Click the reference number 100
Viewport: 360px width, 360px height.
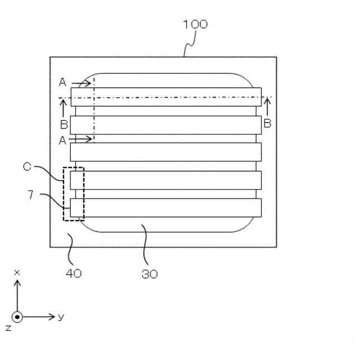[x=195, y=24]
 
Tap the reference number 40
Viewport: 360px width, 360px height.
[x=74, y=273]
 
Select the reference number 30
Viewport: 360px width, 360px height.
[x=150, y=274]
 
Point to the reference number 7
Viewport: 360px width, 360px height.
[x=31, y=195]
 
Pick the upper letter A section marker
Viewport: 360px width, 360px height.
[x=62, y=83]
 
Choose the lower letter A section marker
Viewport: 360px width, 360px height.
[x=62, y=141]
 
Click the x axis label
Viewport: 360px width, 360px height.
[x=17, y=272]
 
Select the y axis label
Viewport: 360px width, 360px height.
[x=61, y=317]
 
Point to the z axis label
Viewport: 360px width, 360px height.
[x=7, y=327]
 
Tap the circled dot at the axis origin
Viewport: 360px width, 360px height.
[x=17, y=317]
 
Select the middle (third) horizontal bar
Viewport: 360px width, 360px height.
[x=166, y=152]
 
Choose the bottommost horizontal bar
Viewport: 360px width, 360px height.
[x=166, y=208]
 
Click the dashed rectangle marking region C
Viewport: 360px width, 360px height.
[x=74, y=193]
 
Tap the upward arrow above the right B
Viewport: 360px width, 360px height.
[x=267, y=105]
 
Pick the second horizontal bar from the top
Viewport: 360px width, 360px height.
[x=166, y=124]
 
